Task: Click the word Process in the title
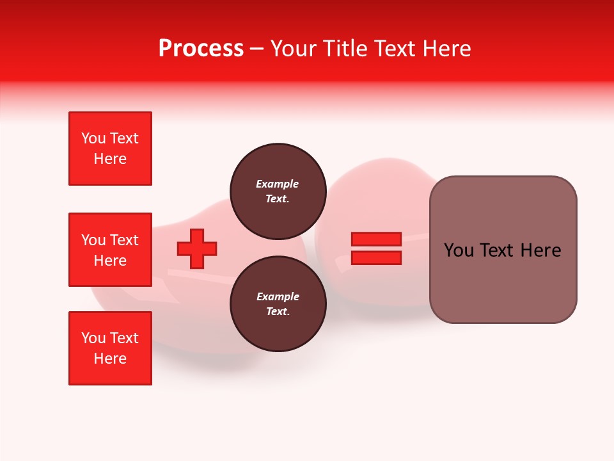201,49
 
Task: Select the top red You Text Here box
110,149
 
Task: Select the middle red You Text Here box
110,250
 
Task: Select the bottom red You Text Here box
110,348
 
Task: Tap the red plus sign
197,248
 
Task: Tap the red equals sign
376,248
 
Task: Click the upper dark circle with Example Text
278,191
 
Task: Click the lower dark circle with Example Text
278,303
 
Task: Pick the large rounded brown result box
503,250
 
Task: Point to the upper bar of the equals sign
376,239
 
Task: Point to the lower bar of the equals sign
376,257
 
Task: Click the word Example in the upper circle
278,184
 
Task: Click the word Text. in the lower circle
278,311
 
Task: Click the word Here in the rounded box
540,250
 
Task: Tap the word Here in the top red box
110,159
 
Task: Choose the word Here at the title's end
446,49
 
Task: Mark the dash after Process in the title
257,49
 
